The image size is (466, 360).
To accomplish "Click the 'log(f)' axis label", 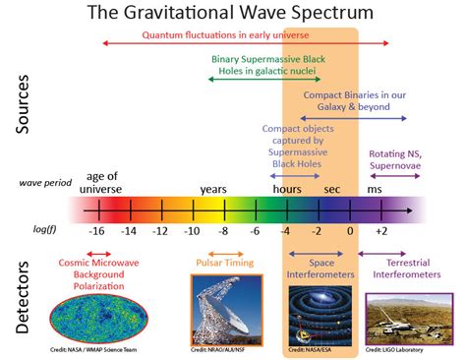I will click(x=36, y=229).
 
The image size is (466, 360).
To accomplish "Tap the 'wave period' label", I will click(x=44, y=183).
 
